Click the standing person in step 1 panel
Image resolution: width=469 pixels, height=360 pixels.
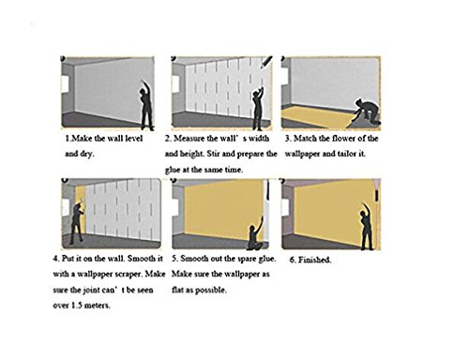[x=146, y=106]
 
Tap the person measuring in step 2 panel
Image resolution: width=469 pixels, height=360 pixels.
[x=257, y=109]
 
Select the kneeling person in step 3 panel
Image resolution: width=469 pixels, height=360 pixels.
[x=367, y=111]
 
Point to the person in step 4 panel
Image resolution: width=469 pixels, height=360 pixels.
[x=77, y=221]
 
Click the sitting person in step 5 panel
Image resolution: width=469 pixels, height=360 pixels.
[x=255, y=235]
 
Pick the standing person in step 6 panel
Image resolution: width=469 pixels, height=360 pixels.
[x=366, y=228]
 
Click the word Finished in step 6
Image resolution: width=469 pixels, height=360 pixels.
[x=314, y=260]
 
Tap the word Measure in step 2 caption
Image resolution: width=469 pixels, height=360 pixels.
[x=189, y=138]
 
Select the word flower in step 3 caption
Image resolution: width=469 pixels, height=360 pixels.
[x=343, y=138]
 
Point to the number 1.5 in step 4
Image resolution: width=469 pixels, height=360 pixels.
[x=76, y=306]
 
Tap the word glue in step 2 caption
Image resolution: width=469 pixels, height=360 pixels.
[x=173, y=170]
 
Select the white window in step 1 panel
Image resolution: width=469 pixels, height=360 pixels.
[x=65, y=84]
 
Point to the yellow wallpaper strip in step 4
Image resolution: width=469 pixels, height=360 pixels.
[x=80, y=209]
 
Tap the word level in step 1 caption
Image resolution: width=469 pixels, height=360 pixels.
[x=134, y=138]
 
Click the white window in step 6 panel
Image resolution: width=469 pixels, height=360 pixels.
[x=284, y=207]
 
